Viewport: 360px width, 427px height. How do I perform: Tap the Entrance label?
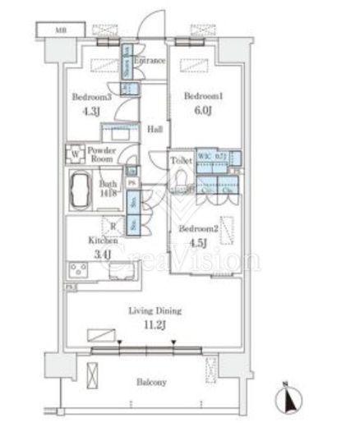click(x=150, y=62)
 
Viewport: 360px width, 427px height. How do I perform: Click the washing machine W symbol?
click(x=76, y=153)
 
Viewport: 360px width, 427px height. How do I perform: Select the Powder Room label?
click(x=104, y=155)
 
